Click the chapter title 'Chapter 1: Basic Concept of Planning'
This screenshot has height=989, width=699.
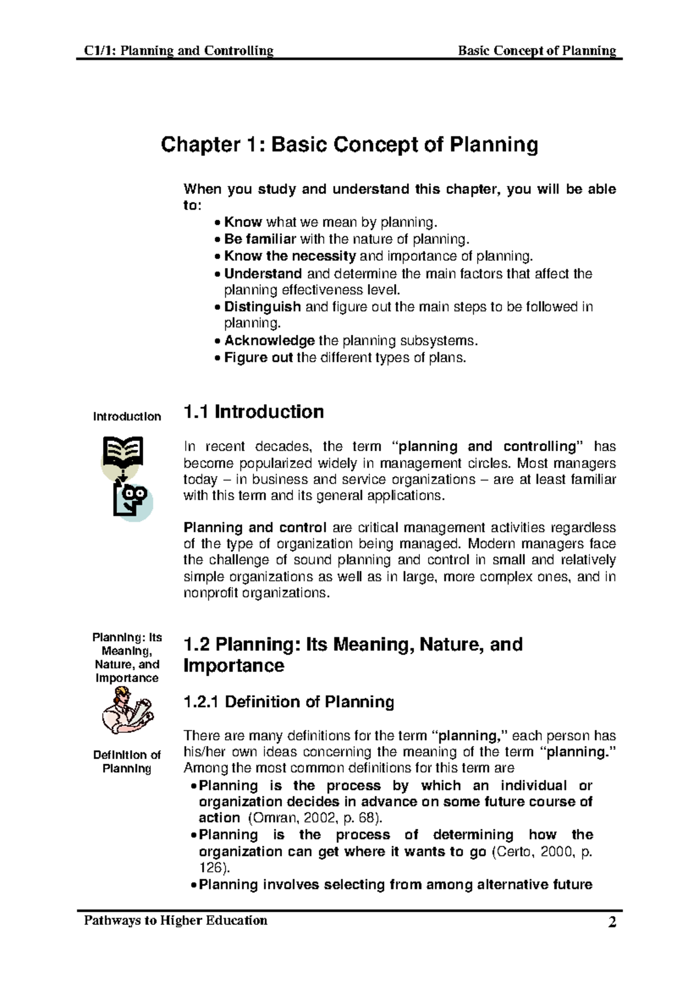click(x=349, y=144)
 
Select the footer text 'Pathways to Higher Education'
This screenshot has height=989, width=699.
click(x=176, y=920)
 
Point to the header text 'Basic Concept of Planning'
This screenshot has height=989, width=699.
click(x=537, y=51)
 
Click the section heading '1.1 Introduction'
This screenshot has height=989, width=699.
click(x=253, y=412)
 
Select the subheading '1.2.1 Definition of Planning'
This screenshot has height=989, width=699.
click(x=288, y=702)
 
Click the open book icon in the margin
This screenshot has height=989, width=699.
click(x=123, y=452)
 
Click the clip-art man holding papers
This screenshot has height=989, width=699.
click(x=126, y=712)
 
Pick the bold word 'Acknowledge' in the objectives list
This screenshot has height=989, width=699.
click(x=269, y=341)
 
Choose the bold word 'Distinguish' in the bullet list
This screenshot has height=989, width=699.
click(x=263, y=307)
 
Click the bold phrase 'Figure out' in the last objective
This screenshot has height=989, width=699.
click(x=258, y=358)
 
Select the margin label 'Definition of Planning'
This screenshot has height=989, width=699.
click(x=127, y=762)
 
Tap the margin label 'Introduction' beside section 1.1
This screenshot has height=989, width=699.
click(x=127, y=416)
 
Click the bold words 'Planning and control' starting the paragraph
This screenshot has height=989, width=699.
click(x=255, y=528)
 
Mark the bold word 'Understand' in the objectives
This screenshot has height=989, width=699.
click(x=263, y=274)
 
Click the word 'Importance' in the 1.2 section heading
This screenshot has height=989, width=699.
click(x=234, y=666)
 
